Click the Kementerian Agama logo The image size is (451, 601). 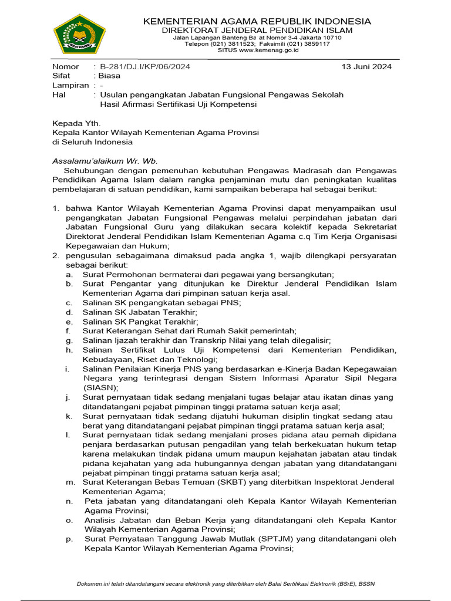[79, 33]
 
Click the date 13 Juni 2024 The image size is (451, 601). [366, 66]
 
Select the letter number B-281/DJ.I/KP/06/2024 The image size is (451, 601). [145, 66]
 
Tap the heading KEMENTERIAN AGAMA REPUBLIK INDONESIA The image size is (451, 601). [257, 21]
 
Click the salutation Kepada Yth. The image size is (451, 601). [76, 123]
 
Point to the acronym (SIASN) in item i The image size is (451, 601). [100, 387]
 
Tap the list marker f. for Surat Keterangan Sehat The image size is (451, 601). [69, 331]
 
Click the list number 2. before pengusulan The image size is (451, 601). [56, 255]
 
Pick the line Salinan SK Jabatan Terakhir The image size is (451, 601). [140, 312]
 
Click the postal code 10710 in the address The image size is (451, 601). [331, 38]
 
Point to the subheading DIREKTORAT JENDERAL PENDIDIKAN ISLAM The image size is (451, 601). [257, 30]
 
